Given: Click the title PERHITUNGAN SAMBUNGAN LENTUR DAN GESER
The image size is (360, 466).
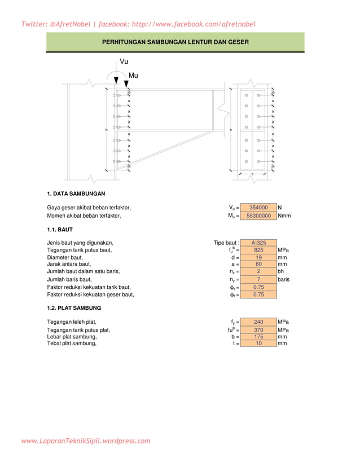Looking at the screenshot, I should [x=175, y=42].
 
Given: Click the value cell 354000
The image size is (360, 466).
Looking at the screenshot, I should [x=258, y=208].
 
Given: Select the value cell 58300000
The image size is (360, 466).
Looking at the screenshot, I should [x=258, y=216].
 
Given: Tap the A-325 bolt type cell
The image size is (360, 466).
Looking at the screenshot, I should [x=258, y=243].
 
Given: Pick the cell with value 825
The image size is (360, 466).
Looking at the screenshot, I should [x=258, y=250].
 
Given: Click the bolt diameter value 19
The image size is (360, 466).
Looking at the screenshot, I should [x=258, y=257].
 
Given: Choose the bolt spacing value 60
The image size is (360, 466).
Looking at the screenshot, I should [x=258, y=264].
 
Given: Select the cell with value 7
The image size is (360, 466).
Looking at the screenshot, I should [x=258, y=279].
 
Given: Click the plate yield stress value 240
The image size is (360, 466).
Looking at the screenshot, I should [x=258, y=322].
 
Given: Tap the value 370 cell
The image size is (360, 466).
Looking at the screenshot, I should [x=258, y=330].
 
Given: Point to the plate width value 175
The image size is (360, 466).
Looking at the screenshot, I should [x=258, y=336].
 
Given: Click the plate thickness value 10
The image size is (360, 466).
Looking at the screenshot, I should [x=258, y=343].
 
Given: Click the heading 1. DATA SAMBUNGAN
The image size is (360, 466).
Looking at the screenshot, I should [x=76, y=194].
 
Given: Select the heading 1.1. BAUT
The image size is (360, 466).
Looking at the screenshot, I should [x=59, y=230].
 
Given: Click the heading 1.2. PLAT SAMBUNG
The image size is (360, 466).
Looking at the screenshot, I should [x=74, y=308].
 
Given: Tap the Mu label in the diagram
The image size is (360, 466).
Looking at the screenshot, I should [x=133, y=76].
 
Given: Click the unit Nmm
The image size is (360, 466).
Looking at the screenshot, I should [x=284, y=216].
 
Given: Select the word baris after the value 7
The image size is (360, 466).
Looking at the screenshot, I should [x=284, y=279].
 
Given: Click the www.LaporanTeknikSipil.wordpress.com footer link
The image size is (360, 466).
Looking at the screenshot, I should [x=86, y=441].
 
